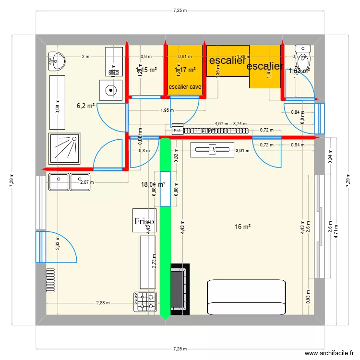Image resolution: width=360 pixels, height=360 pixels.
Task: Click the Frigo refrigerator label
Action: pos(144,221)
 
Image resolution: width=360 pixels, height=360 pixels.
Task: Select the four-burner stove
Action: pos(146,301)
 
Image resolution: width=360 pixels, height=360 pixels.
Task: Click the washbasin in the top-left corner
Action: pos(58,60)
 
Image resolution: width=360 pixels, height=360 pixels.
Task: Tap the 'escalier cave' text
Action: pos(185,87)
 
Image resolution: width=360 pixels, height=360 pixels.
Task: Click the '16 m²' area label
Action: pos(243,227)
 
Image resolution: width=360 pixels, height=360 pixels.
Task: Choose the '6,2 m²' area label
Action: pos(85,106)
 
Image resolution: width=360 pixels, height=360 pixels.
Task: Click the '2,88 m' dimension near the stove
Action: pos(103,303)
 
